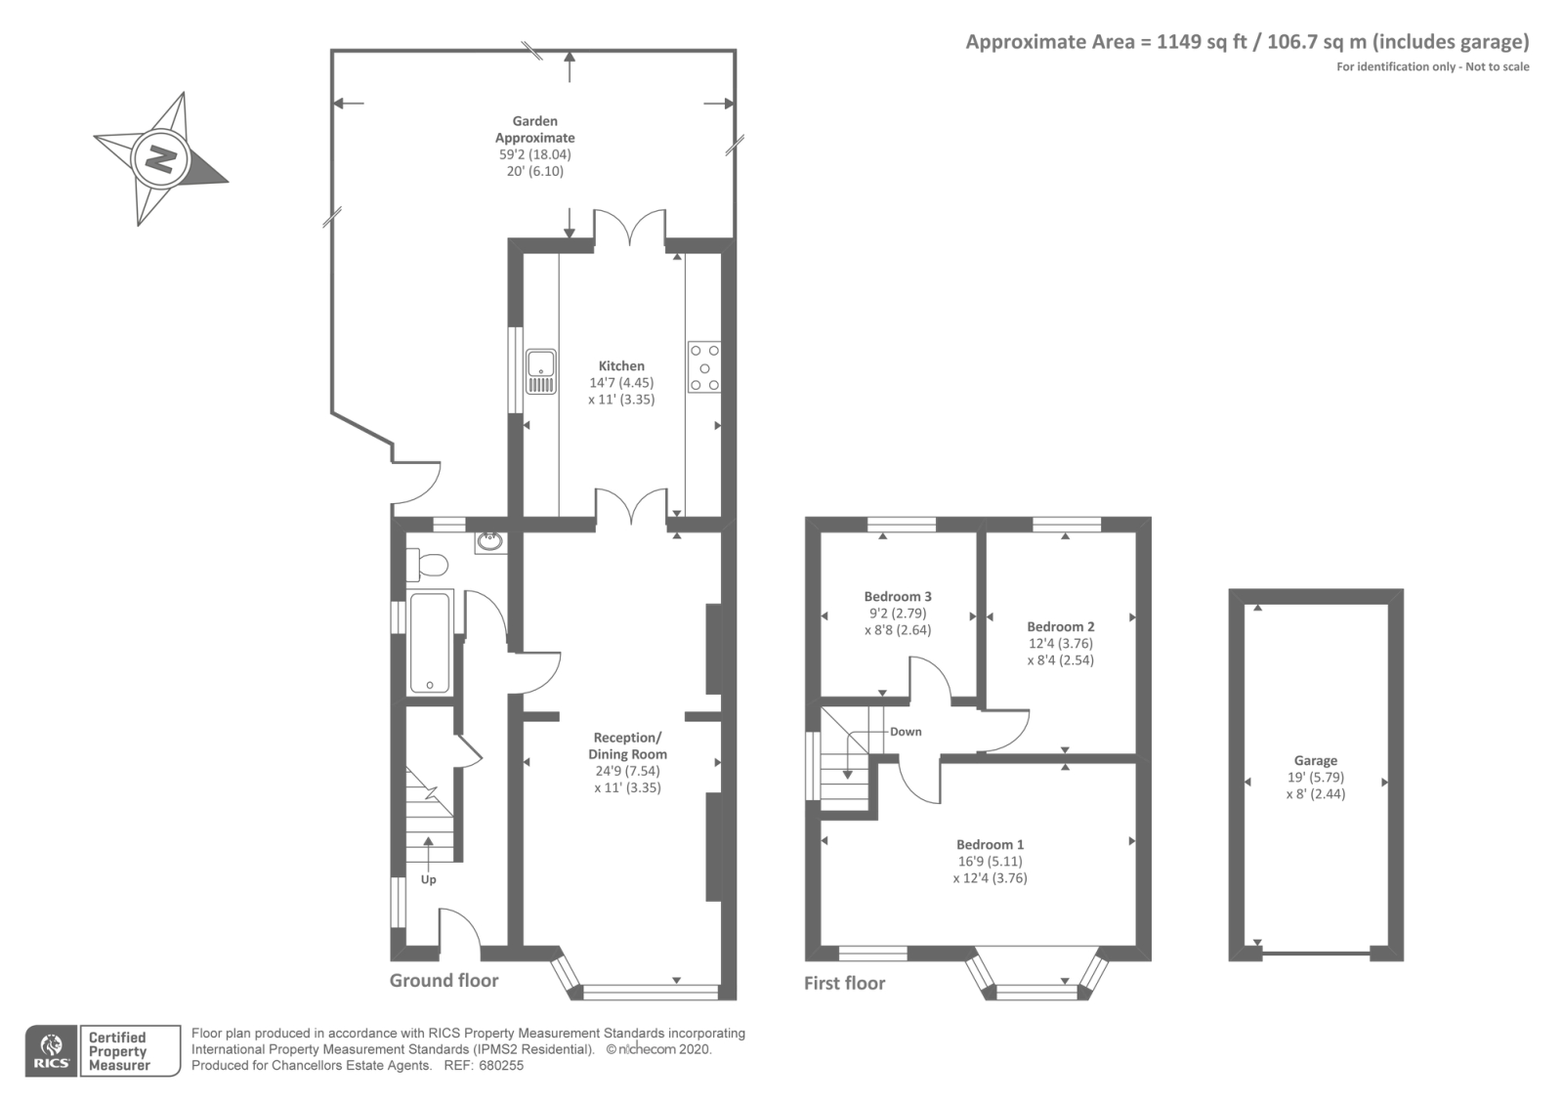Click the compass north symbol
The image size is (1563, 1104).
point(160,160)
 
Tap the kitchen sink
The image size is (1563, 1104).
point(541,372)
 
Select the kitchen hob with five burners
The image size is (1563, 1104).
point(704,367)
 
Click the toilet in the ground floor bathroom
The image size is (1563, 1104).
point(426,565)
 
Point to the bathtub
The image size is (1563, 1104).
point(429,642)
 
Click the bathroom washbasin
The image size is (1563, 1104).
point(490,541)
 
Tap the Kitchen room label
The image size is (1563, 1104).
point(621,365)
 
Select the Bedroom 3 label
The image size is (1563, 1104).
point(898,597)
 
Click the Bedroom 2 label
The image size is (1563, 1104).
point(1061,626)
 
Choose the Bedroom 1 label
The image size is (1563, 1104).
point(991,844)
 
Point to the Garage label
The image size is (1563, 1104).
point(1316,761)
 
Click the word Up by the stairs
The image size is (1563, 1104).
point(429,880)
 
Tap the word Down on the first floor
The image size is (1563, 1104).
point(906,732)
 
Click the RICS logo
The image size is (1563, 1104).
point(51,1051)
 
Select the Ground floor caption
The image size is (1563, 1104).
point(444,981)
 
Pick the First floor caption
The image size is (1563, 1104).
point(844,983)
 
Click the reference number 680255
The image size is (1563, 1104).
point(501,1066)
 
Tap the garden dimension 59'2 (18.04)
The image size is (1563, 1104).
point(534,155)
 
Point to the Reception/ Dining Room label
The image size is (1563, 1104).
point(627,746)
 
